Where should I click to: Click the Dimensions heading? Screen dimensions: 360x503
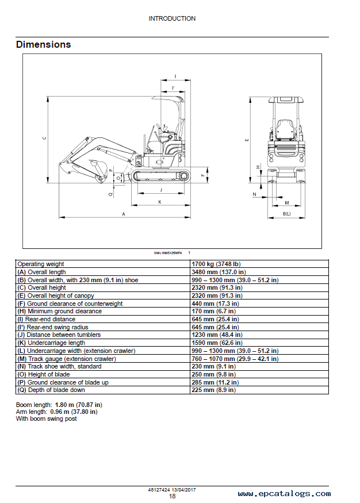pos(43,45)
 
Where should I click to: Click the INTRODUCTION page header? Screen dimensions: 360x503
pos(172,18)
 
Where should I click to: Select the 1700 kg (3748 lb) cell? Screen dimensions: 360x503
pos(216,264)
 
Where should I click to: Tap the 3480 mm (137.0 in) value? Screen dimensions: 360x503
pos(219,272)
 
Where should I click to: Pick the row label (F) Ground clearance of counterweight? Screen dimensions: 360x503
pos(70,304)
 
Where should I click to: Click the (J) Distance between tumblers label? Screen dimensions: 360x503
pos(59,335)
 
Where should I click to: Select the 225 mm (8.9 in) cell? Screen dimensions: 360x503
pos(214,390)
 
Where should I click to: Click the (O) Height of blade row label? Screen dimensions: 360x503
pos(44,374)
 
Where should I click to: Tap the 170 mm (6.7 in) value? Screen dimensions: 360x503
pos(214,311)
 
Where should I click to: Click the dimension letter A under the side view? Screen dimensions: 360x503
pos(124,214)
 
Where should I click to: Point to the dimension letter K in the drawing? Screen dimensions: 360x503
pos(160,202)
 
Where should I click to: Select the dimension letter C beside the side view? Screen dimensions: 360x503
pos(44,139)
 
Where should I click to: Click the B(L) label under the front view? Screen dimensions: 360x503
pos(286,214)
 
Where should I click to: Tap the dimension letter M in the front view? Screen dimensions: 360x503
pos(287,203)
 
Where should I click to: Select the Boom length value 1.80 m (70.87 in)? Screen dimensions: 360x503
pos(78,405)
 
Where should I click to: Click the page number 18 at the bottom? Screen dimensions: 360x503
pos(172,496)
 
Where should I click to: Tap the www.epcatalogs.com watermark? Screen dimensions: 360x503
pos(284,494)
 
